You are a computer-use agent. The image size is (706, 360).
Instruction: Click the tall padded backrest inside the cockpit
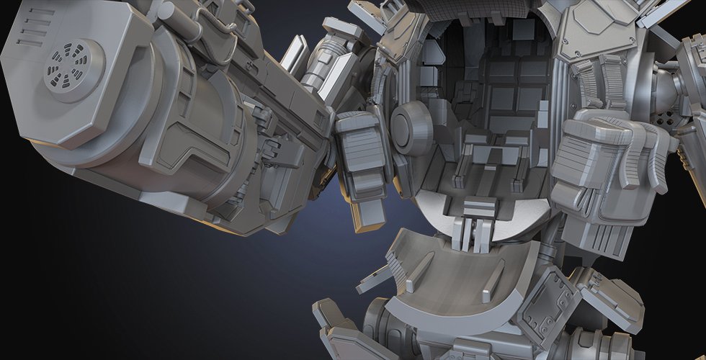pyautogui.click(x=508, y=86)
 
